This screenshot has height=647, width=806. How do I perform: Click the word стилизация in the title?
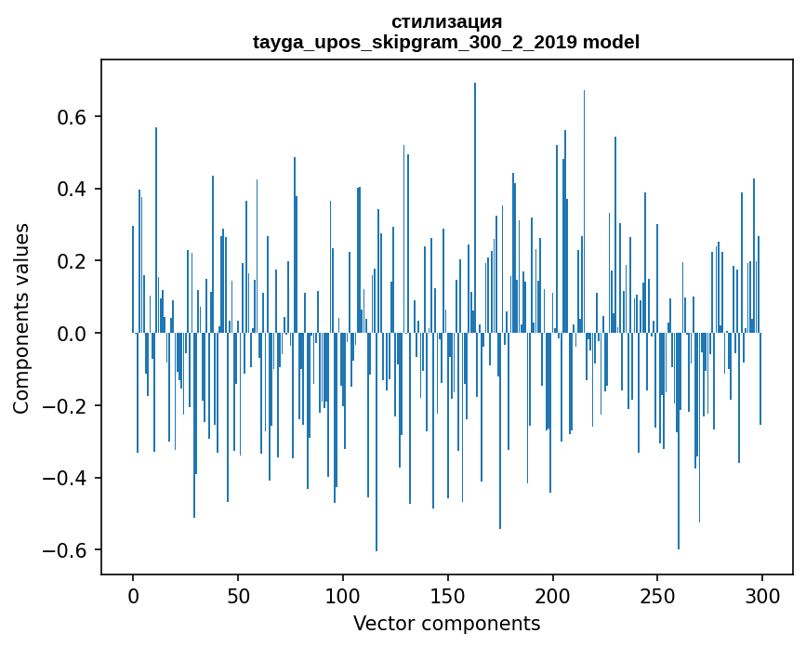[446, 21]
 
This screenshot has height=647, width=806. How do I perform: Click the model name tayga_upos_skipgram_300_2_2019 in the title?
[416, 42]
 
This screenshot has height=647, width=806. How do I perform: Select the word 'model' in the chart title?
[612, 42]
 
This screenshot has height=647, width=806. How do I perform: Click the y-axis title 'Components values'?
[21, 318]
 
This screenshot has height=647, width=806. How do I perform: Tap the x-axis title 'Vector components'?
[446, 623]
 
